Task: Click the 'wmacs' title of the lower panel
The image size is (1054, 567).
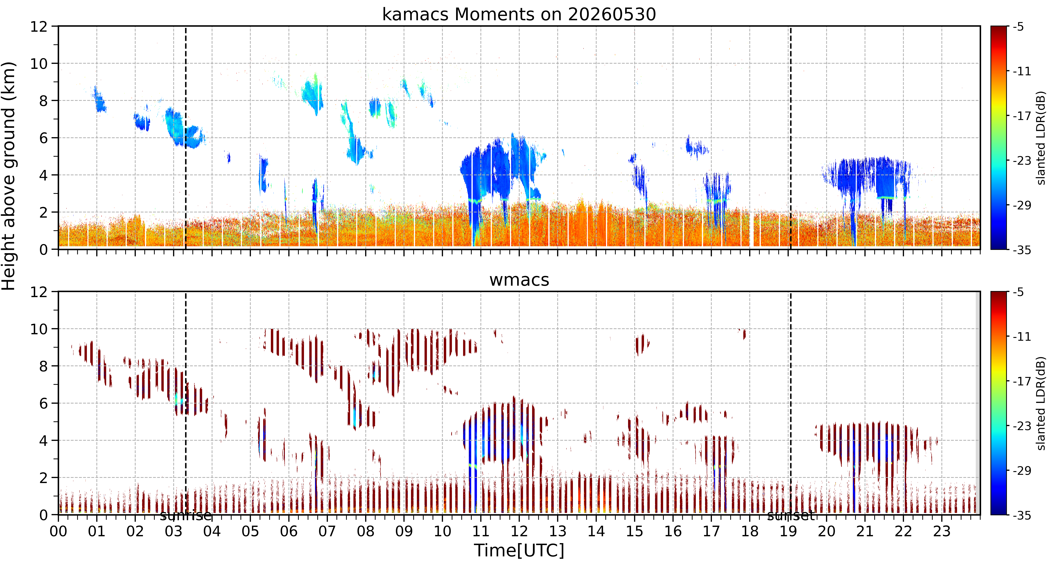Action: click(519, 280)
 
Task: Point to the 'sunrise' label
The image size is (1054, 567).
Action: click(186, 516)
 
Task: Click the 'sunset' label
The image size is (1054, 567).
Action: click(791, 516)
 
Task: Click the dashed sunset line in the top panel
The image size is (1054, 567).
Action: click(791, 137)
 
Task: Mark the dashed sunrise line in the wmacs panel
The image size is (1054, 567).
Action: click(186, 403)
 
